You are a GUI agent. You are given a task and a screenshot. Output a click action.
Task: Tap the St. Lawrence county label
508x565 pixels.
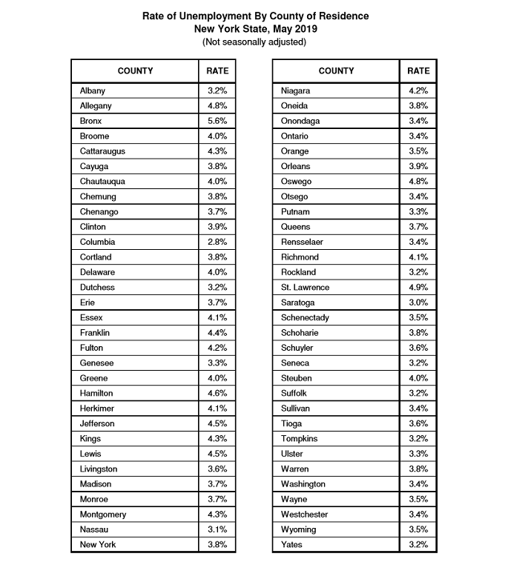(x=305, y=287)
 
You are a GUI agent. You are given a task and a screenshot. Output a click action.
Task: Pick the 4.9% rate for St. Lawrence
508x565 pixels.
(x=418, y=287)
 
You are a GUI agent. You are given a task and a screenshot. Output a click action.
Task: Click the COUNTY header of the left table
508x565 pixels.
(x=135, y=71)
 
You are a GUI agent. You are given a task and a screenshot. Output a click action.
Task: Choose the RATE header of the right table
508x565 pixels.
(x=418, y=71)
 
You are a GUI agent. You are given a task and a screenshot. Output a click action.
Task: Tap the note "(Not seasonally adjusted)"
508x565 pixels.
(x=254, y=42)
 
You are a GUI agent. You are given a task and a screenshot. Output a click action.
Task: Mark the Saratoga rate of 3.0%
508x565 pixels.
(x=418, y=303)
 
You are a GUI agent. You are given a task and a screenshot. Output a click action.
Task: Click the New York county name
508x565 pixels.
(x=98, y=544)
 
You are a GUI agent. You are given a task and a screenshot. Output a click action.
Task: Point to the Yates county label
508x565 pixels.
(x=292, y=544)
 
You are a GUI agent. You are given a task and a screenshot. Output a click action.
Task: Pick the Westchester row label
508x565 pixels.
(x=305, y=514)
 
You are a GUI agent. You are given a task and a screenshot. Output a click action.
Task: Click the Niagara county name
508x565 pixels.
(x=296, y=90)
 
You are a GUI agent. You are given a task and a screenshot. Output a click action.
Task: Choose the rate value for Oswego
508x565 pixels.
(x=418, y=182)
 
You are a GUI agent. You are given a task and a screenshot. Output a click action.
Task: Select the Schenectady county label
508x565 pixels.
(x=305, y=317)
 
